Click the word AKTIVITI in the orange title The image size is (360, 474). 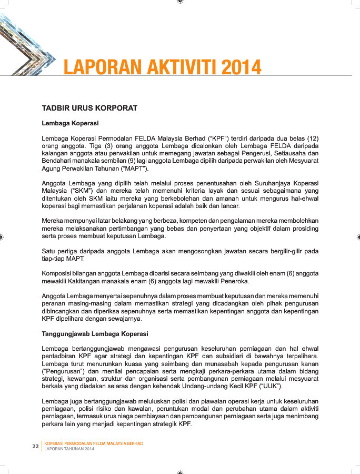[x=173, y=67]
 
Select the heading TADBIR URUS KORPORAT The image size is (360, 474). [x=89, y=108]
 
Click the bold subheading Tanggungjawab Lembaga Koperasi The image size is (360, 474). [x=95, y=334]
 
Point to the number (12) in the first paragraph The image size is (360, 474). [x=312, y=137]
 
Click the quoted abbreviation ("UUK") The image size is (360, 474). [x=268, y=386]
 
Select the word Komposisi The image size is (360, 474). [x=59, y=273]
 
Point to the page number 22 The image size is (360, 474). [x=35, y=447]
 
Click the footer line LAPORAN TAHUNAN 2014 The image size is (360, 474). [x=69, y=449]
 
